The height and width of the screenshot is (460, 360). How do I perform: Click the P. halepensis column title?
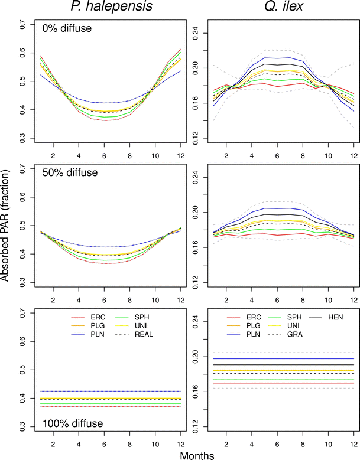click(x=104, y=8)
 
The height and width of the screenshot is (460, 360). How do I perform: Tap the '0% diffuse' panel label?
click(x=66, y=28)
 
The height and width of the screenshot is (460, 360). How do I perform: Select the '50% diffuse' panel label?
click(x=68, y=173)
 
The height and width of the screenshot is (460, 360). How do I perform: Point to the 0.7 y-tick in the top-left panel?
click(x=23, y=24)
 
